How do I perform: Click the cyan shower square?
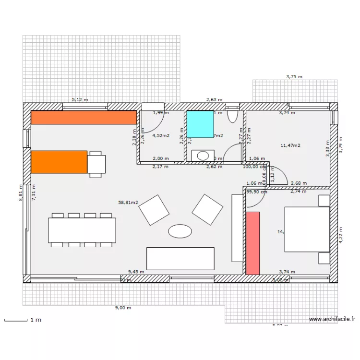[x=200, y=124]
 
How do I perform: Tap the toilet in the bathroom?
[x=232, y=115]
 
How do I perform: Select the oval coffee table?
[x=180, y=231]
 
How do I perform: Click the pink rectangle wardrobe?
[x=253, y=243]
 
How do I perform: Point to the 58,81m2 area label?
[x=128, y=203]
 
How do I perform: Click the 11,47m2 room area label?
[x=290, y=145]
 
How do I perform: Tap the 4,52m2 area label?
[x=161, y=135]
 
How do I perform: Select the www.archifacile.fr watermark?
[x=332, y=319]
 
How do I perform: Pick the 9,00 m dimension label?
[x=123, y=308]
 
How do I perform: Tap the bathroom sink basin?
[x=204, y=156]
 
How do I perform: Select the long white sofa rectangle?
[x=180, y=258]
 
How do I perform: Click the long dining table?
[x=82, y=230]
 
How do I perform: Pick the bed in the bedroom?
[x=307, y=229]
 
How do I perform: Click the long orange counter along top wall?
[x=84, y=118]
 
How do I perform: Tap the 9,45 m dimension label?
[x=136, y=271]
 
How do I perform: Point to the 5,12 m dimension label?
[x=80, y=100]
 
